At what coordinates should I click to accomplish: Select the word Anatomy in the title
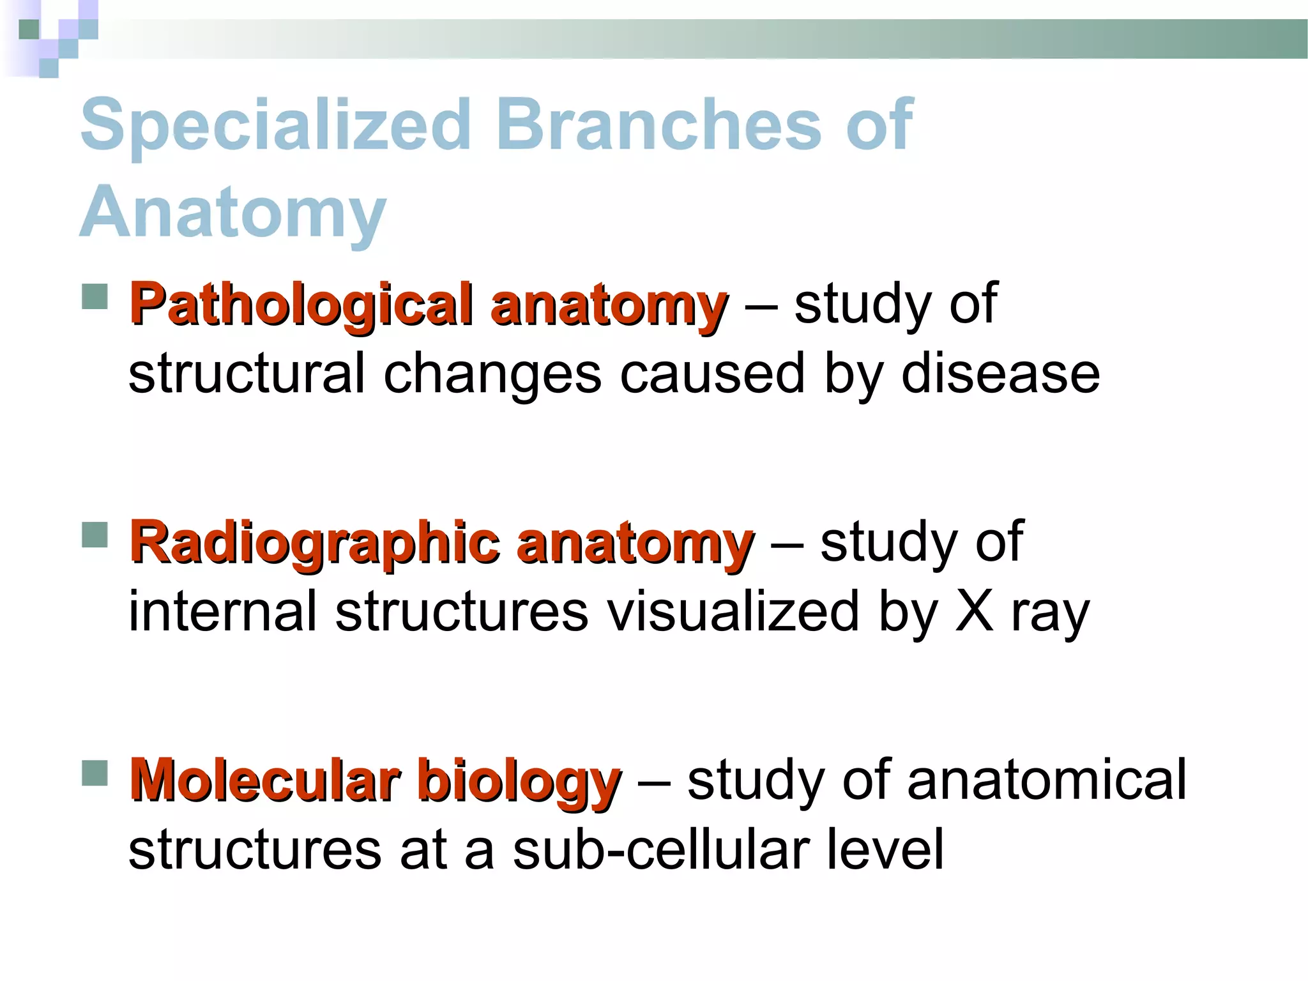233,212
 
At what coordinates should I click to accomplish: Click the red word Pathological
301,305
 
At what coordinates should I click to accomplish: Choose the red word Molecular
265,780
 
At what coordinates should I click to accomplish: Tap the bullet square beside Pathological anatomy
95,297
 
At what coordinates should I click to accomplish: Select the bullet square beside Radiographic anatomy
95,535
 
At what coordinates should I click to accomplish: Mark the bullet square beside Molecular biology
95,772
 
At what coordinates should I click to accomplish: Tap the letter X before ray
975,612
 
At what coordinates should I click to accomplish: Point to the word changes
492,375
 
